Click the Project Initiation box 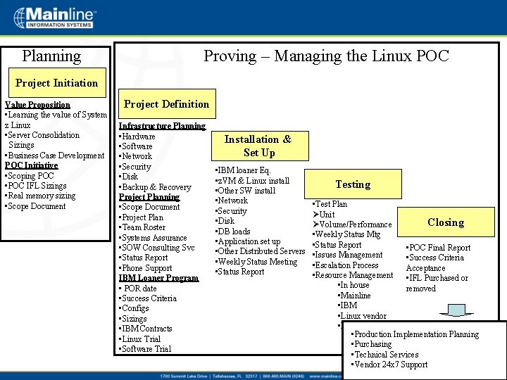point(57,83)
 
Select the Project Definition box point(167,104)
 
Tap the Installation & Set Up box point(258,146)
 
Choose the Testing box point(353,184)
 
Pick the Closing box point(446,222)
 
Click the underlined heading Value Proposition point(38,105)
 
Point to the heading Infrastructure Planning point(162,126)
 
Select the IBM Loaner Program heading point(158,278)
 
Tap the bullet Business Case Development point(56,156)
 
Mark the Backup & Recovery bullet point(156,187)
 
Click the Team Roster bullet point(144,227)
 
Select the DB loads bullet point(234,232)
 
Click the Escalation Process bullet point(347,265)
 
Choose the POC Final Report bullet point(439,248)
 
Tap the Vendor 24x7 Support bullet point(391,365)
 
